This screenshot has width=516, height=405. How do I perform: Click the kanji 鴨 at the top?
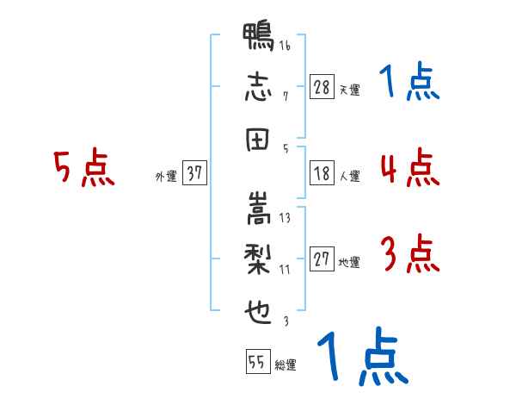(259, 40)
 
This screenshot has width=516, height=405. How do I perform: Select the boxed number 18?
(322, 173)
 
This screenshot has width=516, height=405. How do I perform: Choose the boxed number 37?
(194, 173)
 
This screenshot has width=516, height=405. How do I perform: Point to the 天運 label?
(350, 89)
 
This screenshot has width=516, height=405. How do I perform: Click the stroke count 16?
(285, 46)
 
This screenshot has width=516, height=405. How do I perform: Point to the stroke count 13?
(285, 218)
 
